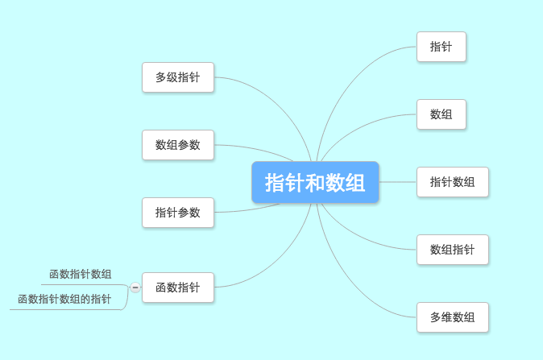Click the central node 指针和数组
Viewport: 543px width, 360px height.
pos(315,182)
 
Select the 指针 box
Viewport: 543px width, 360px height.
pos(441,47)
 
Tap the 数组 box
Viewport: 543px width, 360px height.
pos(441,114)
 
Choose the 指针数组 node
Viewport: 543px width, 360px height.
pos(453,182)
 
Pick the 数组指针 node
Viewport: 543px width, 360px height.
pos(453,250)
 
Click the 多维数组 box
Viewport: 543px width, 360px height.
pos(453,317)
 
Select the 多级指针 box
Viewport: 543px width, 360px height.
pos(178,77)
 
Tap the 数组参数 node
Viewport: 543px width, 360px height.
pos(178,145)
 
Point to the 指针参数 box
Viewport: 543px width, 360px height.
pos(178,213)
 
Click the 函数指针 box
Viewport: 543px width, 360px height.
pos(178,288)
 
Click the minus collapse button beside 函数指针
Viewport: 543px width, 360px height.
pos(135,288)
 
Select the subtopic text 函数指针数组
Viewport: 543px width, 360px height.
pos(81,274)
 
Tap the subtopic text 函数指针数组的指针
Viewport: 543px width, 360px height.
pos(64,299)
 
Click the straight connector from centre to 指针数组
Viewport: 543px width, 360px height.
pos(398,182)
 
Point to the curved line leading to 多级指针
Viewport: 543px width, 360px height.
pos(277,101)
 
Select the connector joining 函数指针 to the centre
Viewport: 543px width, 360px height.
pos(277,264)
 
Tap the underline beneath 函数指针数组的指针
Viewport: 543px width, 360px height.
pos(66,309)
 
